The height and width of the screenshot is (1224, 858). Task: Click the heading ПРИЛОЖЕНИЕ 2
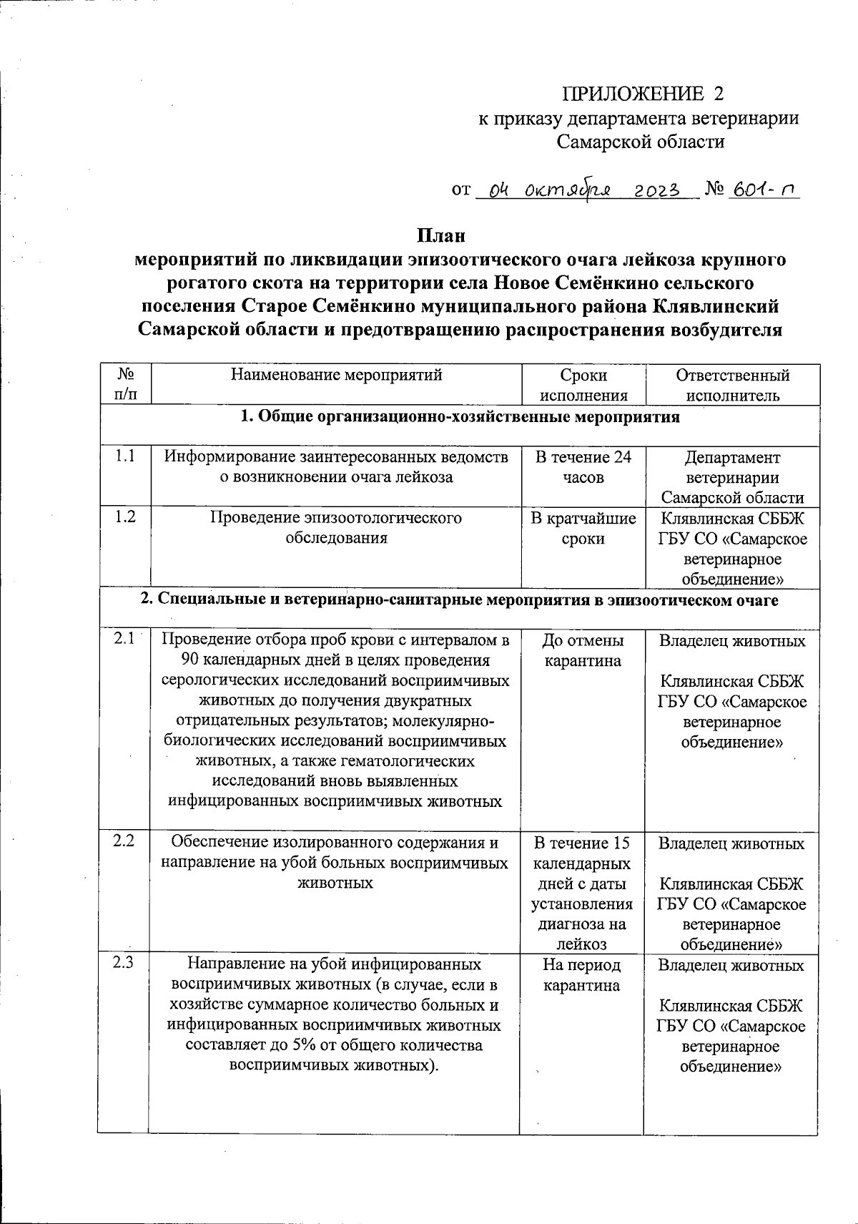[x=643, y=94]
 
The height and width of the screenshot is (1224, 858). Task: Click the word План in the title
[x=441, y=235]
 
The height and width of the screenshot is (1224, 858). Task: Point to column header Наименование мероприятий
[x=336, y=375]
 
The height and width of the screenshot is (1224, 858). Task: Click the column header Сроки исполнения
[x=583, y=385]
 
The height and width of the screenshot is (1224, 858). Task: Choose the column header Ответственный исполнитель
[x=732, y=385]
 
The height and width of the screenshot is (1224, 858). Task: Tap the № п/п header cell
[x=124, y=383]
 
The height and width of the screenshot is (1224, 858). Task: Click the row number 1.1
[x=124, y=456]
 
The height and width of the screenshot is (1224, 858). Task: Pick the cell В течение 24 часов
[x=583, y=466]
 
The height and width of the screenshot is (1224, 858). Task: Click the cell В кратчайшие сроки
[x=583, y=528]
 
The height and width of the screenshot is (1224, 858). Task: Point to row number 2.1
[x=124, y=640]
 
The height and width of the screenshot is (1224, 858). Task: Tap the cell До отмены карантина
[x=583, y=650]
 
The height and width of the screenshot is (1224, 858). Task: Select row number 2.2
[x=124, y=841]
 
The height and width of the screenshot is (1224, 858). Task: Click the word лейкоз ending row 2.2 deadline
[x=583, y=944]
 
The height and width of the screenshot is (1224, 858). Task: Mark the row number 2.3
[x=124, y=963]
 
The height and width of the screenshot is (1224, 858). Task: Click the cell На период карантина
[x=583, y=974]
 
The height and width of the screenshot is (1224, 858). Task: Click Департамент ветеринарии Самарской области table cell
[x=732, y=477]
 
